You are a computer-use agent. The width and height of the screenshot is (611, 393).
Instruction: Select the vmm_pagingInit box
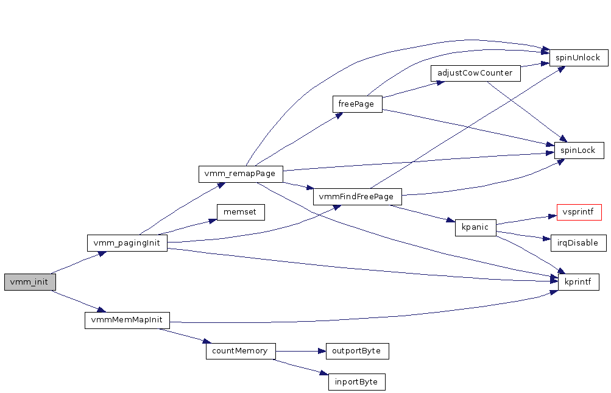pos(127,243)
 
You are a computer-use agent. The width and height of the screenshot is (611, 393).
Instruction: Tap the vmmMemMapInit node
pos(127,320)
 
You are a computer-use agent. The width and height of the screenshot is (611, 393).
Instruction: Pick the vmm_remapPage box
pos(241,174)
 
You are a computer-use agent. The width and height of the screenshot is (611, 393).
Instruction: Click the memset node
pos(241,212)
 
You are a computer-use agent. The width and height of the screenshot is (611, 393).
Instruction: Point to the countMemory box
pos(240,351)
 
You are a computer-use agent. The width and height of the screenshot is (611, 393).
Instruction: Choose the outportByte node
pos(357,351)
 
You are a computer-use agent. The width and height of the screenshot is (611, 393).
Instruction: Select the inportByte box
pos(356,382)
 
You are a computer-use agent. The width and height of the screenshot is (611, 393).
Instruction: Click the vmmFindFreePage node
pos(357,197)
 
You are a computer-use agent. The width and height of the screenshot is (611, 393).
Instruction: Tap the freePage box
pos(357,104)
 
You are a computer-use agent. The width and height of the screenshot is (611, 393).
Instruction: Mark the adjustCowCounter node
pos(475,73)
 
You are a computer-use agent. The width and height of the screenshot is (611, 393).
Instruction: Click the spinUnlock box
pos(577,58)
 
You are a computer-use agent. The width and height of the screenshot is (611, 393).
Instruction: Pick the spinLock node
pos(578,150)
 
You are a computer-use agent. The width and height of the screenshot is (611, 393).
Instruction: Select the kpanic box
pos(475,227)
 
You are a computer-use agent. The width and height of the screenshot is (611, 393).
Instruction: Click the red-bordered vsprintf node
pos(579,212)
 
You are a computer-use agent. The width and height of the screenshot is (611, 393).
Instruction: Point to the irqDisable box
pos(578,243)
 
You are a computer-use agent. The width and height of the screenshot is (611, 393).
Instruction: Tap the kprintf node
pos(578,282)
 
